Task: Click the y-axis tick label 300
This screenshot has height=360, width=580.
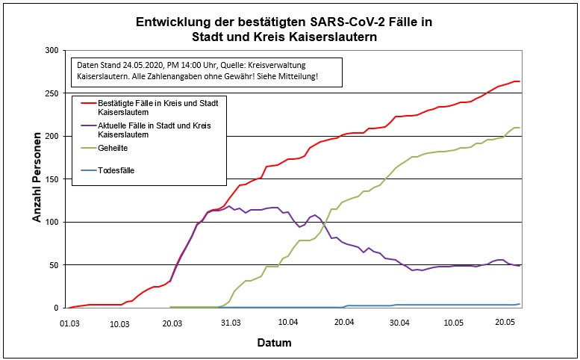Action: [51, 50]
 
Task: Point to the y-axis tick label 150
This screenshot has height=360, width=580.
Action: [51, 179]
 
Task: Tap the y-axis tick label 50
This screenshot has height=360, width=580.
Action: [53, 265]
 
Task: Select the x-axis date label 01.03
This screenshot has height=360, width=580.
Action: [69, 323]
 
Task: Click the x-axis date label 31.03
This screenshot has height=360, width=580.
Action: [231, 323]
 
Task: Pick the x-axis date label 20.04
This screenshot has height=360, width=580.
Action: [343, 323]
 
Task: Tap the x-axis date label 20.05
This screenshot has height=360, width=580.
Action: [505, 323]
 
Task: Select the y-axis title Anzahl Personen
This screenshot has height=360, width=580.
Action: [37, 179]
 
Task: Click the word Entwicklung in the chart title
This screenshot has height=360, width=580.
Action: [172, 22]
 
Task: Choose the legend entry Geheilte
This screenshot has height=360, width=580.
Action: [113, 148]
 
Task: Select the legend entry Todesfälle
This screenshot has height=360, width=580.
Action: [116, 170]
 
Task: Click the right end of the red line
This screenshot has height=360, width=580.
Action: [520, 81]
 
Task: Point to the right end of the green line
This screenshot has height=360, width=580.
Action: [520, 128]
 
